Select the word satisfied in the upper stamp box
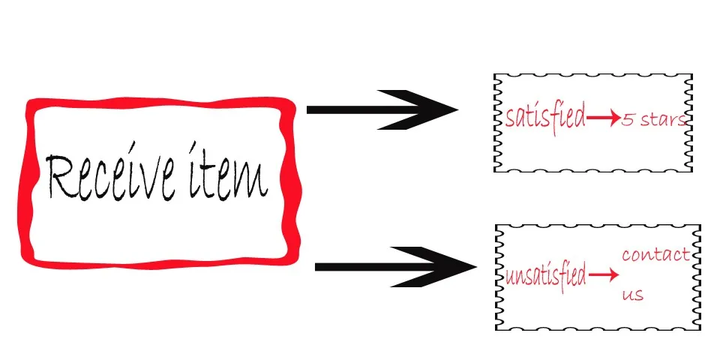[544, 118]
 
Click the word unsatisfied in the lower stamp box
[545, 276]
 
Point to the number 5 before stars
[626, 121]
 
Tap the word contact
[655, 254]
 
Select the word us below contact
[632, 295]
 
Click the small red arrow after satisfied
[602, 118]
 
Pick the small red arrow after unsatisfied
[603, 276]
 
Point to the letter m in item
[253, 181]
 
